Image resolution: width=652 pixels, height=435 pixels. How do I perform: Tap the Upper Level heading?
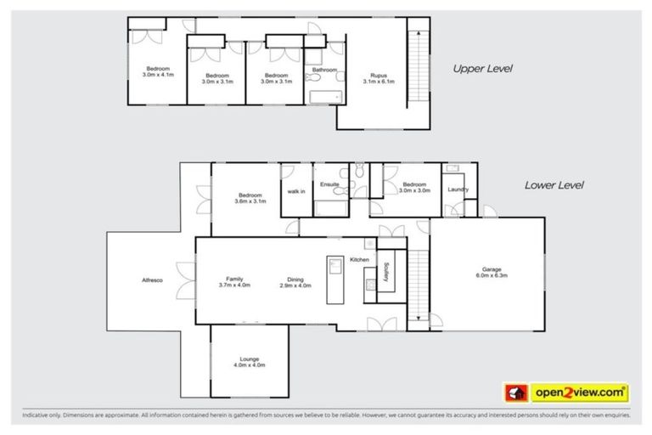click(482, 68)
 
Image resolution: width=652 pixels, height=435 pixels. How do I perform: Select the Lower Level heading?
click(554, 184)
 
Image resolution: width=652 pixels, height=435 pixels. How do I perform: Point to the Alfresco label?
click(153, 281)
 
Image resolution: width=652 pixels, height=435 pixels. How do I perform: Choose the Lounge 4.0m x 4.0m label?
click(250, 362)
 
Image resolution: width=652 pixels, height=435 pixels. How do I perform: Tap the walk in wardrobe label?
click(295, 191)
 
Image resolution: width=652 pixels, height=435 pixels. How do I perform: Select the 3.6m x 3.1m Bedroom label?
click(250, 198)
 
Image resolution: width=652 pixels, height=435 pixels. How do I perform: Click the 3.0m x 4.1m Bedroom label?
click(158, 71)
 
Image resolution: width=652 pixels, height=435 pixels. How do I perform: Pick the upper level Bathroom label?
click(324, 70)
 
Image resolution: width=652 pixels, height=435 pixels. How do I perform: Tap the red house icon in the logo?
click(514, 393)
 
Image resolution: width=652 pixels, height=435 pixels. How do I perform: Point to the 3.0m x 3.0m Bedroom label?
click(414, 188)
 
